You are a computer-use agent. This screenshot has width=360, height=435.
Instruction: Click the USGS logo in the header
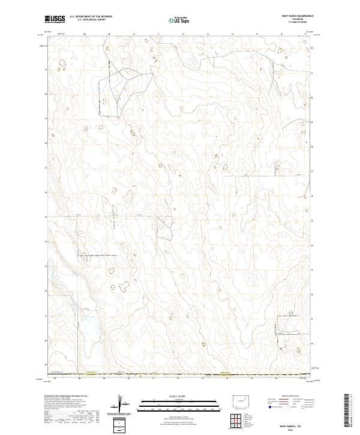point(55,19)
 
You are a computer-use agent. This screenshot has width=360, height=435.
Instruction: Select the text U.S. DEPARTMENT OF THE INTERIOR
point(91,16)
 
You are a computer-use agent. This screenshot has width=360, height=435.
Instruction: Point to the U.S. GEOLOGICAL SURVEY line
point(91,20)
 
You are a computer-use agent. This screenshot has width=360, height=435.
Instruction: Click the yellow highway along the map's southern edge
point(180,374)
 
